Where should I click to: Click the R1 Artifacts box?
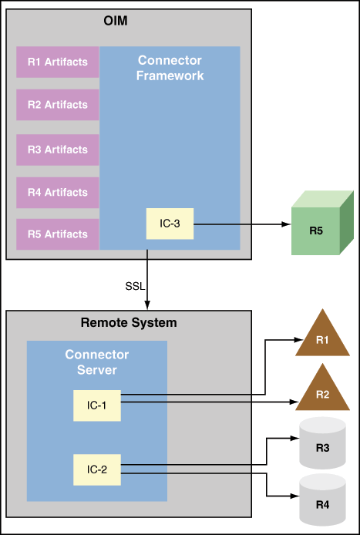58,62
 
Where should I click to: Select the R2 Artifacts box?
58,105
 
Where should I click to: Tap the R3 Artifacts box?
58,150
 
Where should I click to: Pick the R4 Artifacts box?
58,192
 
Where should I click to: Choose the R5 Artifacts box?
58,234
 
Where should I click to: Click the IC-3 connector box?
170,224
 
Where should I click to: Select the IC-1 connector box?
97,405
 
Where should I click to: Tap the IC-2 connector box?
97,469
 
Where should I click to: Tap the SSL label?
134,287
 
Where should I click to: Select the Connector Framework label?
170,68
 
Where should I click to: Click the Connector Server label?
97,362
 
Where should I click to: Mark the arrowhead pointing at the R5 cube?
284,225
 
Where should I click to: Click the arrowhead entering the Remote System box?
147,306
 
